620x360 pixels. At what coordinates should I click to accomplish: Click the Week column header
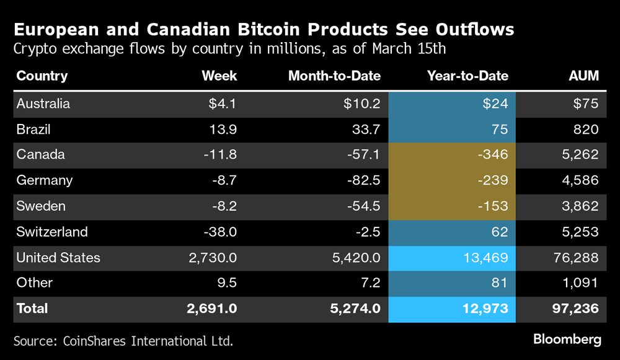(x=219, y=76)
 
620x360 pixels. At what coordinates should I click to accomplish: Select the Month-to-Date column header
(x=334, y=76)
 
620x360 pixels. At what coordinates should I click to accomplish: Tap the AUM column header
(x=584, y=76)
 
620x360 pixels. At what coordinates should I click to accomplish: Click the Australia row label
(x=43, y=103)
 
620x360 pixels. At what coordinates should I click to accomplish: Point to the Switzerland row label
(x=52, y=232)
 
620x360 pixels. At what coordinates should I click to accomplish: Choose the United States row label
(x=58, y=257)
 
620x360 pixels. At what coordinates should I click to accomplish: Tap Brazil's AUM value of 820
(x=587, y=130)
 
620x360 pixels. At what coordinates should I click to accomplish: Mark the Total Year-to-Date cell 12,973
(x=483, y=308)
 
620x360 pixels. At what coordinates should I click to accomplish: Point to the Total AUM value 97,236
(x=577, y=308)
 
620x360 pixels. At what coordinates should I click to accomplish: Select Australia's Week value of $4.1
(x=223, y=103)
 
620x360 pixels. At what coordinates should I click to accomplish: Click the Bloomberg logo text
(x=567, y=340)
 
